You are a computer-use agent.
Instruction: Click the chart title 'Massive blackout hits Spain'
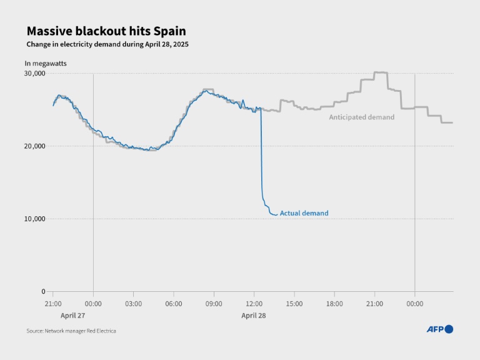click(x=106, y=31)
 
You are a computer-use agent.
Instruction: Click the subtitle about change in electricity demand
click(x=107, y=45)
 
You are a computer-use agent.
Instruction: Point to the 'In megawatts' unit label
click(x=46, y=63)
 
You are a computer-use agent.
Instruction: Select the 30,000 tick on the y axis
click(x=35, y=73)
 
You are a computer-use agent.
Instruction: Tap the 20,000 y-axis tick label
click(x=35, y=146)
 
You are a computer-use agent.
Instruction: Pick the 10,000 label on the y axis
click(x=35, y=219)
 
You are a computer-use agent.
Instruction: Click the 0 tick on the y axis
click(x=42, y=291)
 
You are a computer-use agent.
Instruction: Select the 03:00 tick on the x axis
click(x=133, y=304)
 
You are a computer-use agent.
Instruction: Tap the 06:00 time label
click(x=173, y=304)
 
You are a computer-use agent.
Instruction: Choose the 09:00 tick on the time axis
click(x=214, y=304)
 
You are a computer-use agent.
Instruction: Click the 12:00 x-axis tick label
click(x=254, y=304)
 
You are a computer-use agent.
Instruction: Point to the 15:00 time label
click(x=294, y=304)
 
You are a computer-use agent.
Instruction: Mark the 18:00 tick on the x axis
click(x=334, y=304)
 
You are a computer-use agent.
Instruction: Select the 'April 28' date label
click(x=254, y=316)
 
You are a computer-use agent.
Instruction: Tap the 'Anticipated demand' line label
click(x=362, y=117)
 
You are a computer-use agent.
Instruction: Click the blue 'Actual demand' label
click(x=304, y=213)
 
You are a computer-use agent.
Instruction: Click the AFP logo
click(x=439, y=329)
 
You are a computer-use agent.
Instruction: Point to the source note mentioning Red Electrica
click(x=71, y=331)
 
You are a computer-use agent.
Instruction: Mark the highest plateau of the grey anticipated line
click(x=381, y=73)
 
